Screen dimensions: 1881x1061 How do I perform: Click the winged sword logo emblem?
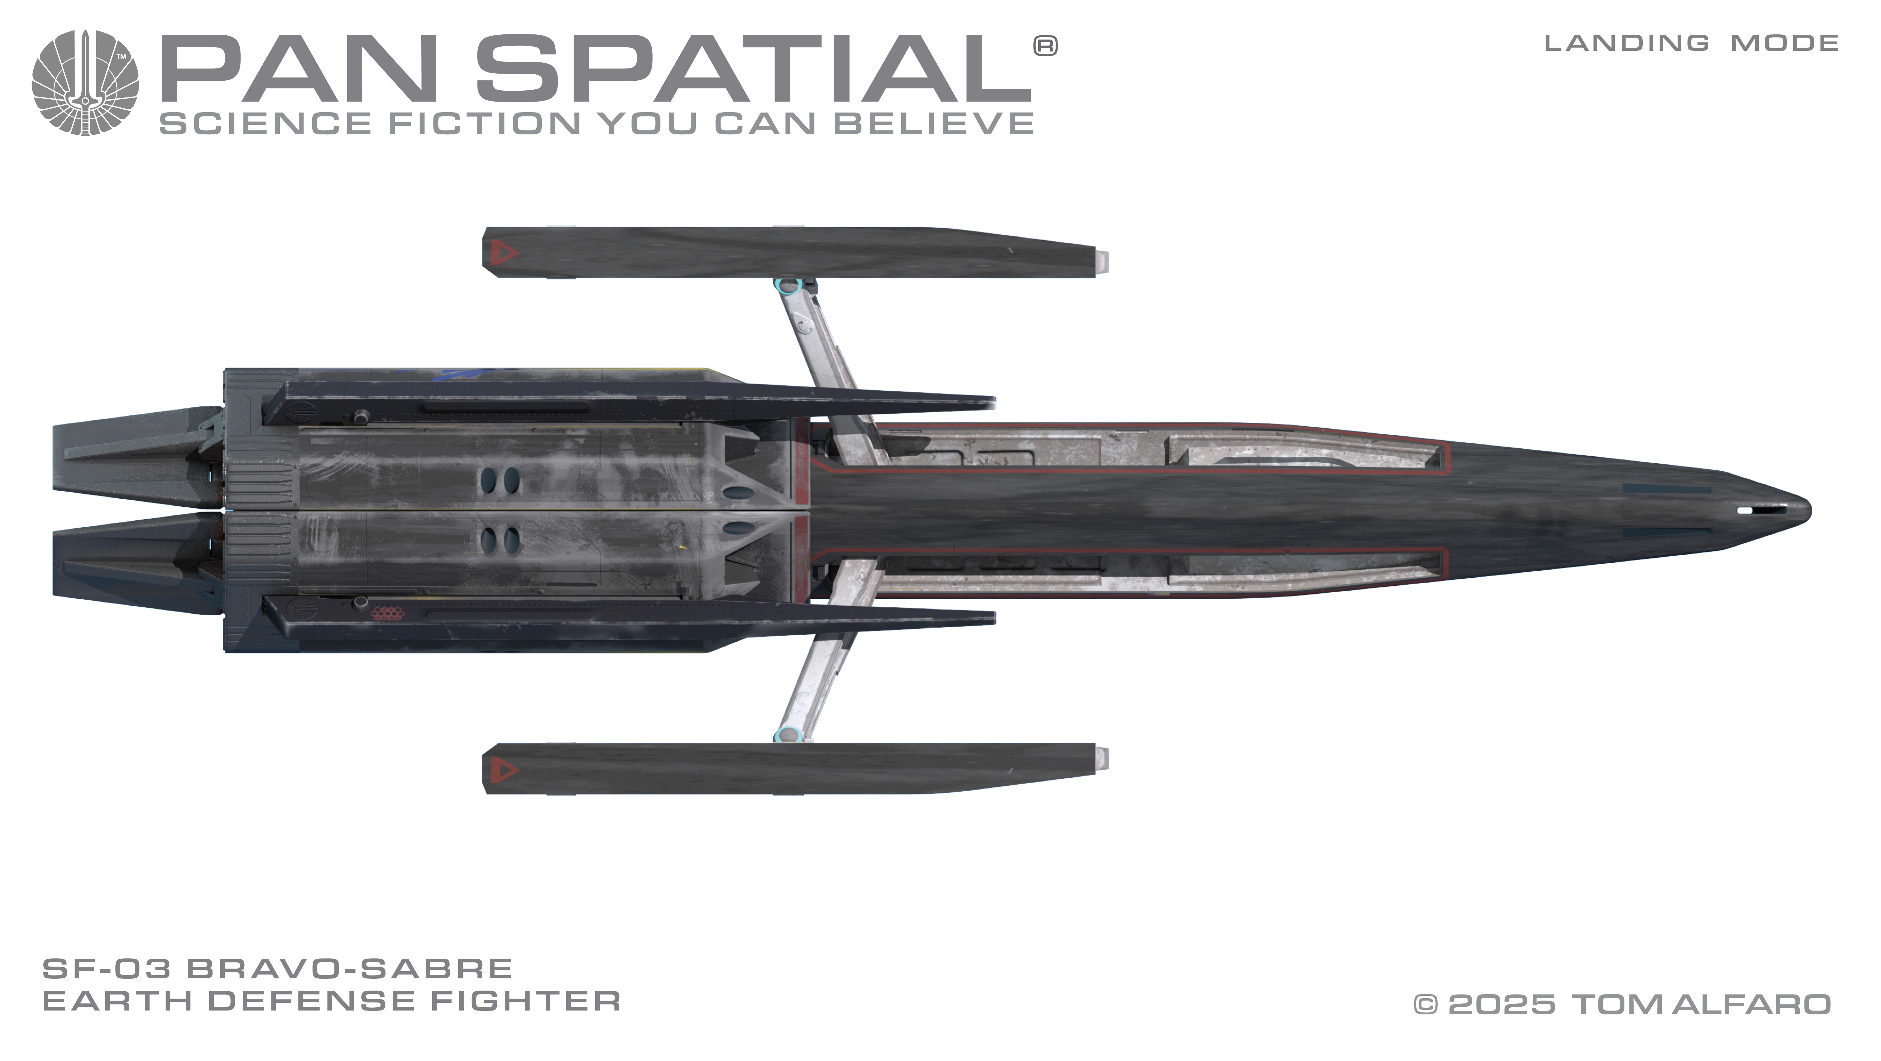coord(85,83)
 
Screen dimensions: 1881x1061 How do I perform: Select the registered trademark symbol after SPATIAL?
coord(1045,46)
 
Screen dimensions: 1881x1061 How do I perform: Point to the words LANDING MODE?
coord(1691,43)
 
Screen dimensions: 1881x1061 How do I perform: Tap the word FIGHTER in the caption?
coord(526,1001)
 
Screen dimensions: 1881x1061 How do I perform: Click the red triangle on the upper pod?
coord(503,253)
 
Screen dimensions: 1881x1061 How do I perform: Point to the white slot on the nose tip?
coord(1744,511)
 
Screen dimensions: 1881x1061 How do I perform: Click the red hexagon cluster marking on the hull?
coord(386,613)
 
